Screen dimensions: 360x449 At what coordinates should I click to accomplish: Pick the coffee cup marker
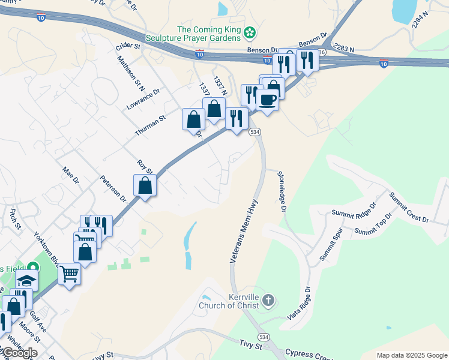click(268, 99)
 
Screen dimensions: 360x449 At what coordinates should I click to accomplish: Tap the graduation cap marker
click(26, 280)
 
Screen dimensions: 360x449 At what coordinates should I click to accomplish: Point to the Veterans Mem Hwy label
click(244, 232)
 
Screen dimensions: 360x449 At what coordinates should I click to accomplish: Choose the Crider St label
click(128, 46)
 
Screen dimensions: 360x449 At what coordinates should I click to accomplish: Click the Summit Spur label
click(330, 247)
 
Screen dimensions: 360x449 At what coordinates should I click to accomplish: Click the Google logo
click(19, 353)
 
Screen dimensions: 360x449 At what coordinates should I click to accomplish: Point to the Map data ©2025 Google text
click(411, 355)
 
